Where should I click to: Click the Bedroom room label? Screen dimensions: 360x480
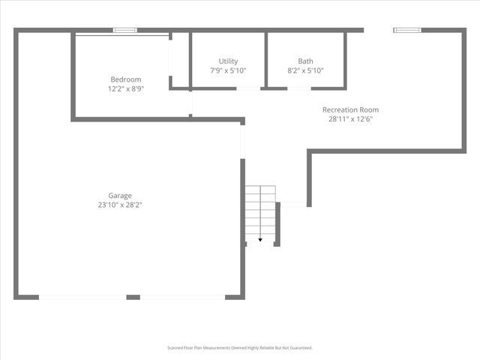125,79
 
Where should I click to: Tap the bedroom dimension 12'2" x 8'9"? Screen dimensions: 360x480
125,88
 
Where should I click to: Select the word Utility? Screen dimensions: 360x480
228,61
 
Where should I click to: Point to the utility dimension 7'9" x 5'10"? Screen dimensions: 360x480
228,70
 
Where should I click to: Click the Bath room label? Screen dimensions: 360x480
305,61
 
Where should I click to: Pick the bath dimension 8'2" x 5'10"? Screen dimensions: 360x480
305,70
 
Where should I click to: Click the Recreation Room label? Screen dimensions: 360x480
349,109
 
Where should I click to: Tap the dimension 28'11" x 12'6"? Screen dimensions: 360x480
349,118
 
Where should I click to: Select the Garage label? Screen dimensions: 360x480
120,196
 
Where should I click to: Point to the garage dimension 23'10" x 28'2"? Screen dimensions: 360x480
120,205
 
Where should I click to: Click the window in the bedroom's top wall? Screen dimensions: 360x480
124,31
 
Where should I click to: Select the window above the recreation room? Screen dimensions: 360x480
407,31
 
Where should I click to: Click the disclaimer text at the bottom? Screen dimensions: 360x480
239,348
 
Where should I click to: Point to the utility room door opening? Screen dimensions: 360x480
248,88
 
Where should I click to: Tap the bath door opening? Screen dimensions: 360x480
298,88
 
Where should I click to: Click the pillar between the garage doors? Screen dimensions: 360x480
133,297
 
